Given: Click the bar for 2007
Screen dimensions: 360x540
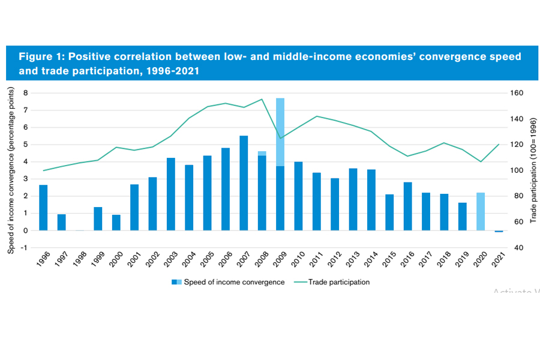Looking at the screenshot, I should click(x=244, y=183).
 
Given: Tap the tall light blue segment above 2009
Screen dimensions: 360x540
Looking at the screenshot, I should click(x=280, y=132).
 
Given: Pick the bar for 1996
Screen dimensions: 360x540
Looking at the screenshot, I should click(x=43, y=208).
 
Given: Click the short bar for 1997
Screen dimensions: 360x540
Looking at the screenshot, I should click(x=61, y=222).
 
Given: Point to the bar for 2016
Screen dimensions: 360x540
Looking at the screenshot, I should click(x=407, y=206).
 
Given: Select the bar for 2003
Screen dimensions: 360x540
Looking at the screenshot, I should click(x=171, y=194).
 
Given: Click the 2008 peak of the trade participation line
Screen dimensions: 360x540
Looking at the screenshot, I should click(x=262, y=100).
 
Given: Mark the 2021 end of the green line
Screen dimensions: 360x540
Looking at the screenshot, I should click(x=499, y=145).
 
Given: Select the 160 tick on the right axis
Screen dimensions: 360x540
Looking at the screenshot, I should click(x=518, y=93).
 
